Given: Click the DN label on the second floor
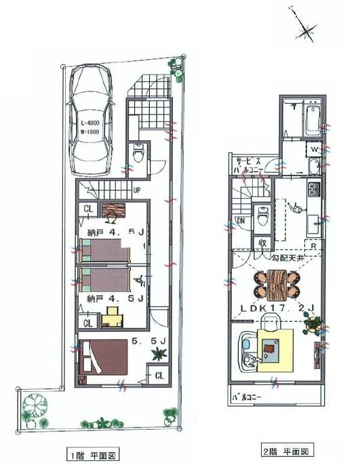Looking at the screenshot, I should click(x=239, y=221).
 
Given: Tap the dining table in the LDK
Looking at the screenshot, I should click(x=277, y=283).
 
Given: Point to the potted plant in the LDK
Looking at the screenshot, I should click(x=312, y=325).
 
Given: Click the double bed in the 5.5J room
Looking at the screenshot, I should click(x=103, y=357).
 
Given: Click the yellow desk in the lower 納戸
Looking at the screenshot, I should click(x=112, y=315).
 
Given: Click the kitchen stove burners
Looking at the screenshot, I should click(x=313, y=188).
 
